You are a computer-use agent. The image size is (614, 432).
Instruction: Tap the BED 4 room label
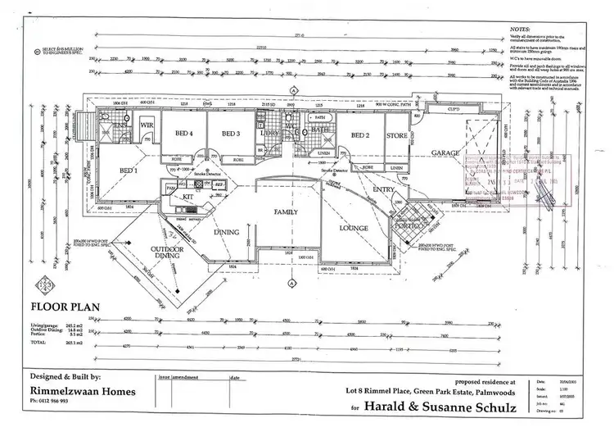[x=184, y=133]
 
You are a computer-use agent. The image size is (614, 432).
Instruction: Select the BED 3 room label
[x=232, y=133]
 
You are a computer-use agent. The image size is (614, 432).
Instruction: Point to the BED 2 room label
[x=361, y=135]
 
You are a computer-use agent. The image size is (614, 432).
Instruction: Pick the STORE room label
[x=397, y=135]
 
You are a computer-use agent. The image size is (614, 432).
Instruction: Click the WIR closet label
[x=148, y=125]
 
